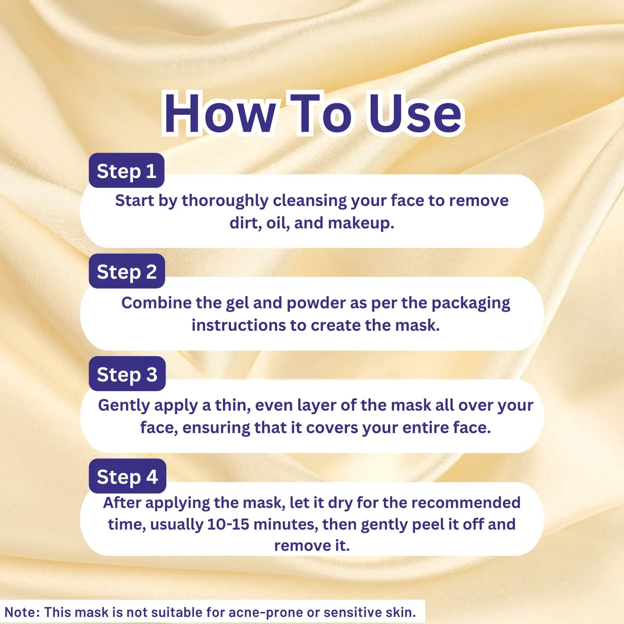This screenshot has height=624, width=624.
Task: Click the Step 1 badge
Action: point(127,170)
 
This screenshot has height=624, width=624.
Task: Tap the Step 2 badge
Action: point(127,271)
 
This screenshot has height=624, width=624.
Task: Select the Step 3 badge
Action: point(127,374)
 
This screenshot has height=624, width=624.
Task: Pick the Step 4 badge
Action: point(127,476)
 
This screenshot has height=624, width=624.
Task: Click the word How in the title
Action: point(220,113)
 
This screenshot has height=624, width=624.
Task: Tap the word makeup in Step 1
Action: point(361,223)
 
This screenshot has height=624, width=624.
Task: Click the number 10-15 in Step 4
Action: point(228,524)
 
